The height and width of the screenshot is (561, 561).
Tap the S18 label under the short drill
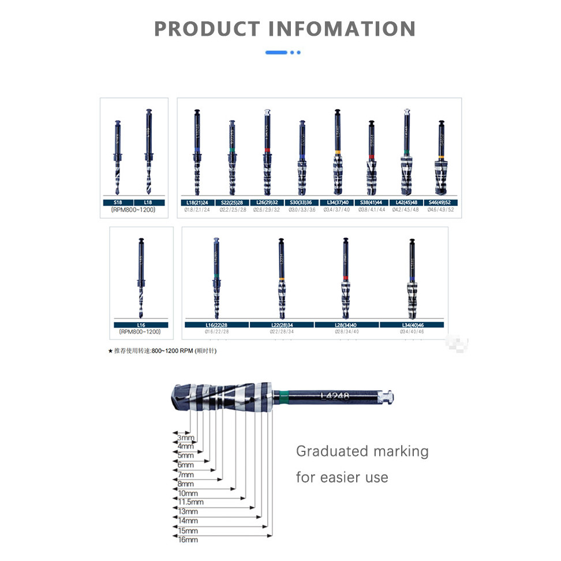pyautogui.click(x=118, y=203)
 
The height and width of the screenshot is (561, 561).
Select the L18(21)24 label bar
pyautogui.click(x=197, y=203)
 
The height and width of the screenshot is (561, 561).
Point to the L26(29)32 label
pyautogui.click(x=267, y=203)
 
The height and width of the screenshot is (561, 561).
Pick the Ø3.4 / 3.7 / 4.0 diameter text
pyautogui.click(x=337, y=210)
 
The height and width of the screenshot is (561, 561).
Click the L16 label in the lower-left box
pyautogui.click(x=141, y=325)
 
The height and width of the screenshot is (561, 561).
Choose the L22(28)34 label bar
pyautogui.click(x=282, y=325)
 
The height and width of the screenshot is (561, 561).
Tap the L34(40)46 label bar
pyautogui.click(x=412, y=325)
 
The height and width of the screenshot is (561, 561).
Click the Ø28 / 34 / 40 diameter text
pyautogui.click(x=346, y=331)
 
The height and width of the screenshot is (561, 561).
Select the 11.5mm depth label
pyautogui.click(x=190, y=503)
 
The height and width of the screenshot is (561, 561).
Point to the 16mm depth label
pyautogui.click(x=188, y=540)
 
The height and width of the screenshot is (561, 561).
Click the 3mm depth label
pyautogui.click(x=185, y=438)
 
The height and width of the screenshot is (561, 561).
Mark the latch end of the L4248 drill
pyautogui.click(x=388, y=396)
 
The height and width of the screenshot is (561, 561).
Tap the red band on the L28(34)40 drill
pyautogui.click(x=345, y=278)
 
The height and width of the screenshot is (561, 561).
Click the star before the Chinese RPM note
pyautogui.click(x=110, y=351)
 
